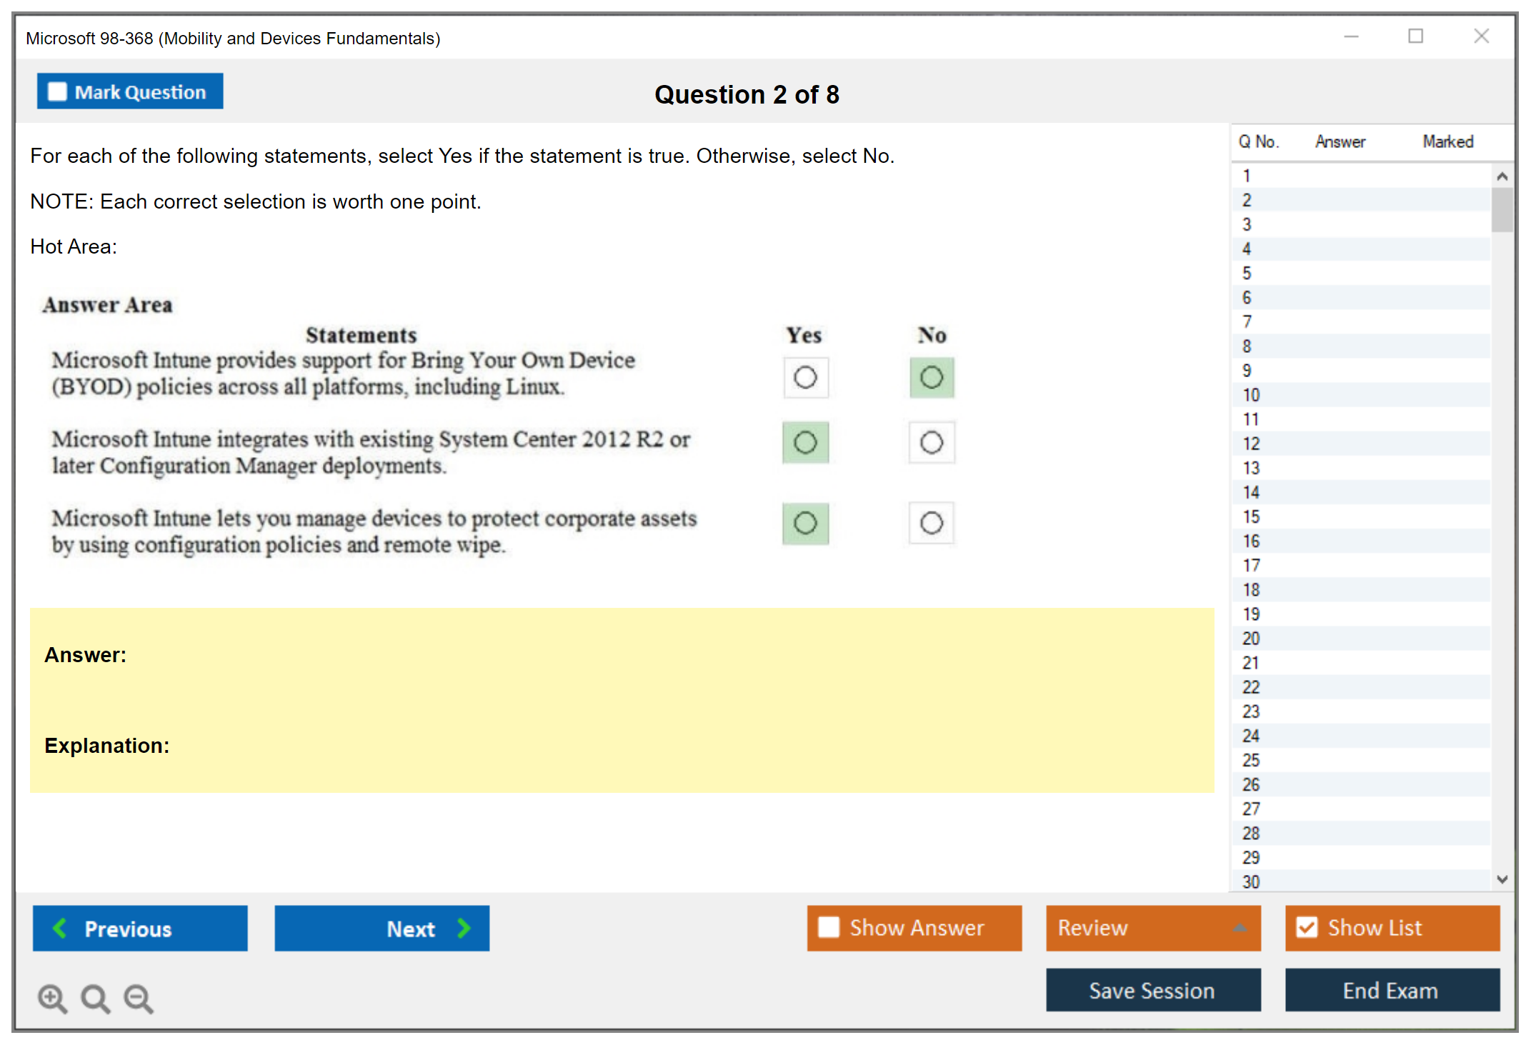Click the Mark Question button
pyautogui.click(x=130, y=91)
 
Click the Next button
pyautogui.click(x=382, y=928)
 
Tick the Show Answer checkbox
pyautogui.click(x=829, y=927)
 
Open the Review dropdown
pyautogui.click(x=1153, y=928)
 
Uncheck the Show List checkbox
pyautogui.click(x=1307, y=927)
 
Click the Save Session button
pyautogui.click(x=1153, y=990)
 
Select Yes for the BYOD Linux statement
pyautogui.click(x=806, y=377)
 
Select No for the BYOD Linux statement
pyautogui.click(x=932, y=377)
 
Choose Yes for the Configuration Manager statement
pyautogui.click(x=806, y=443)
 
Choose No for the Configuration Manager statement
pyautogui.click(x=932, y=443)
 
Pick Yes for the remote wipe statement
pyautogui.click(x=806, y=524)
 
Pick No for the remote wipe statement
pyautogui.click(x=932, y=524)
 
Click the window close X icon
pyautogui.click(x=1481, y=36)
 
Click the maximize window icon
pyautogui.click(x=1415, y=36)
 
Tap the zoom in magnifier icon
pyautogui.click(x=53, y=999)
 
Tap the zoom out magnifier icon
pyautogui.click(x=139, y=999)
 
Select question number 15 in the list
pyautogui.click(x=1252, y=516)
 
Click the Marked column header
pyautogui.click(x=1448, y=141)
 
